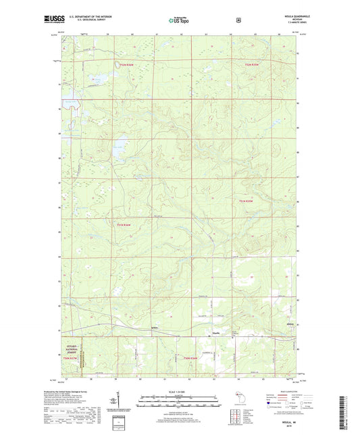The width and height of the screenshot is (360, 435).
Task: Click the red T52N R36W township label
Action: tap(127, 65)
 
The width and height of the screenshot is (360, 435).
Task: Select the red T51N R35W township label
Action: tap(247, 201)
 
